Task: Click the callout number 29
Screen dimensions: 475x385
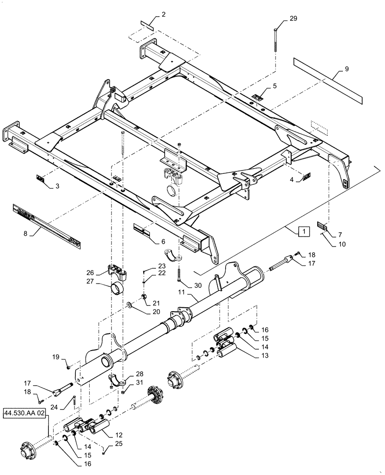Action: (293, 19)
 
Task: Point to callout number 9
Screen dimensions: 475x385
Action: (346, 69)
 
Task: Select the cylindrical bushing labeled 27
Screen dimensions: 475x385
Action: (119, 288)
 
